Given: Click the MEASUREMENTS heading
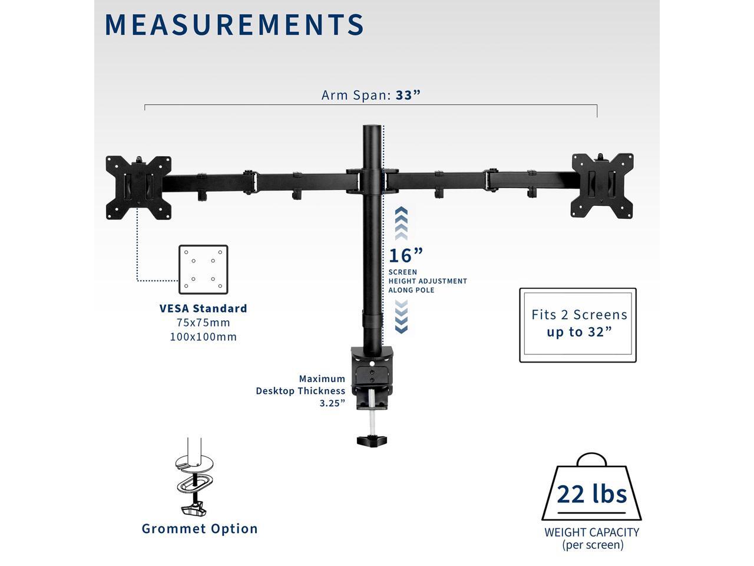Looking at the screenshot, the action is tap(234, 24).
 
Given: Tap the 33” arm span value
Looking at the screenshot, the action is tap(408, 95).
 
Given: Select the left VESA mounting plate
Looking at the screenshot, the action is tap(139, 187).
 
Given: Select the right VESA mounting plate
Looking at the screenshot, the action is tap(602, 186).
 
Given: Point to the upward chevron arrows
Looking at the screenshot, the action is tap(401, 223).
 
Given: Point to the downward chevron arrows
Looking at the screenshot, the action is tap(401, 317).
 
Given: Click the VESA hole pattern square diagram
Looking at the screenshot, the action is tap(203, 269).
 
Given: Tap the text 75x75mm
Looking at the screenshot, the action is tap(203, 323).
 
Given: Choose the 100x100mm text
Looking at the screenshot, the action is tap(203, 337).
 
